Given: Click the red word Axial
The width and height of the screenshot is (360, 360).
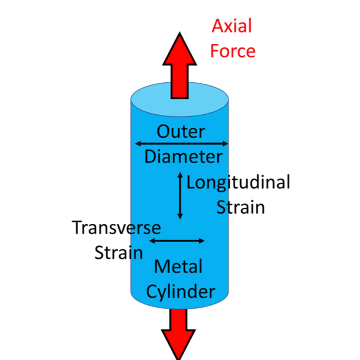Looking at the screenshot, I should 232,26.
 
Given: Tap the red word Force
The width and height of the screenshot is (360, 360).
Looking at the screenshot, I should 232,51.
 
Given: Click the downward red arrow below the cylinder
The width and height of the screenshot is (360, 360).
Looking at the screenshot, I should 179,334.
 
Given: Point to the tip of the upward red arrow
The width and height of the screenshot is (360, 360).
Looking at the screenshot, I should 179,34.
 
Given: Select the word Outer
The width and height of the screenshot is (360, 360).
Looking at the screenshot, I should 181,132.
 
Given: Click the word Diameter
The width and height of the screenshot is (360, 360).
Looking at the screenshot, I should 183,157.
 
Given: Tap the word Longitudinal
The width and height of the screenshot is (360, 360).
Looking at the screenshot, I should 238,182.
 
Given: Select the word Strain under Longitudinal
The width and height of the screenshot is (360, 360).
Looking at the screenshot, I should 240,207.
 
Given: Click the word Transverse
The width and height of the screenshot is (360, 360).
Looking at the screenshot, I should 116,228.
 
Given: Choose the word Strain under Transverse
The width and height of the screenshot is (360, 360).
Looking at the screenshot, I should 118,253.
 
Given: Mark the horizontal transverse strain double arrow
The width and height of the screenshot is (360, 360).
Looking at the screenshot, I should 177,241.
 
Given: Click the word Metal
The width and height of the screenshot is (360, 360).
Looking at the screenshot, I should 178,266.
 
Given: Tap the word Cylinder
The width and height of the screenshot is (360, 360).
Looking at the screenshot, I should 180,292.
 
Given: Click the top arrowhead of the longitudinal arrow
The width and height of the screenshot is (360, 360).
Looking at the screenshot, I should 180,174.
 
